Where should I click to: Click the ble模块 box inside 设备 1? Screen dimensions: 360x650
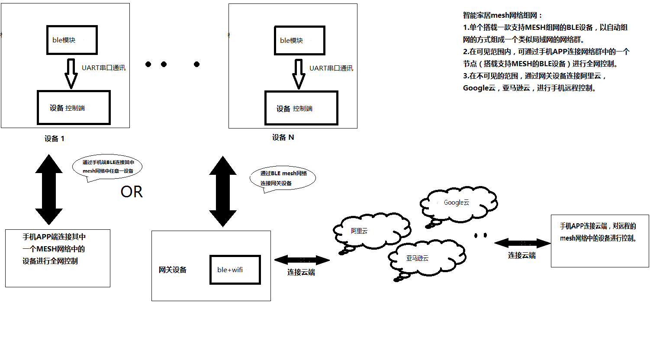coord(72,40)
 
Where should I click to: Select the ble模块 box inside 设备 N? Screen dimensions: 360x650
coord(299,40)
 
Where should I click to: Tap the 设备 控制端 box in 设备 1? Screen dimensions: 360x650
coord(74,108)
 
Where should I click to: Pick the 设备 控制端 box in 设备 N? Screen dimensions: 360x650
coord(301,108)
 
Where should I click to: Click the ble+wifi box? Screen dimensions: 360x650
coord(235,270)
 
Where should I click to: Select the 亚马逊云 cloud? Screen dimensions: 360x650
coord(426,258)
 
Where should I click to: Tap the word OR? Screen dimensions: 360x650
coord(132,192)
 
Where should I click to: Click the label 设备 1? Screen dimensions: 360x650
coord(55,138)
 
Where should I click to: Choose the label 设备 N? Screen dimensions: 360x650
coord(283,138)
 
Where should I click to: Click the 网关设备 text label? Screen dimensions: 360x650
coord(172,270)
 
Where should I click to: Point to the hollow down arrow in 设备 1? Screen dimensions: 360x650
coord(71,74)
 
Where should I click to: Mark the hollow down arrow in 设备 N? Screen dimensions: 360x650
coord(299,74)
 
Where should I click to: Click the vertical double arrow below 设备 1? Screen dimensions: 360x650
coord(49,190)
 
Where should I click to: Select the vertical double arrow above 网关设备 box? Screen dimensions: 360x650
coord(223,191)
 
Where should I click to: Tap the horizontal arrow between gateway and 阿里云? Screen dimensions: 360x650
coord(302,260)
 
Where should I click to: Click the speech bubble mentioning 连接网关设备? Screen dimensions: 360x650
coord(283,178)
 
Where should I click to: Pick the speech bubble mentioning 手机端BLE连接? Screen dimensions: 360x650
coord(108,167)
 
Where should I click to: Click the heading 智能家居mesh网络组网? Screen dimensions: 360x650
coord(502,16)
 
